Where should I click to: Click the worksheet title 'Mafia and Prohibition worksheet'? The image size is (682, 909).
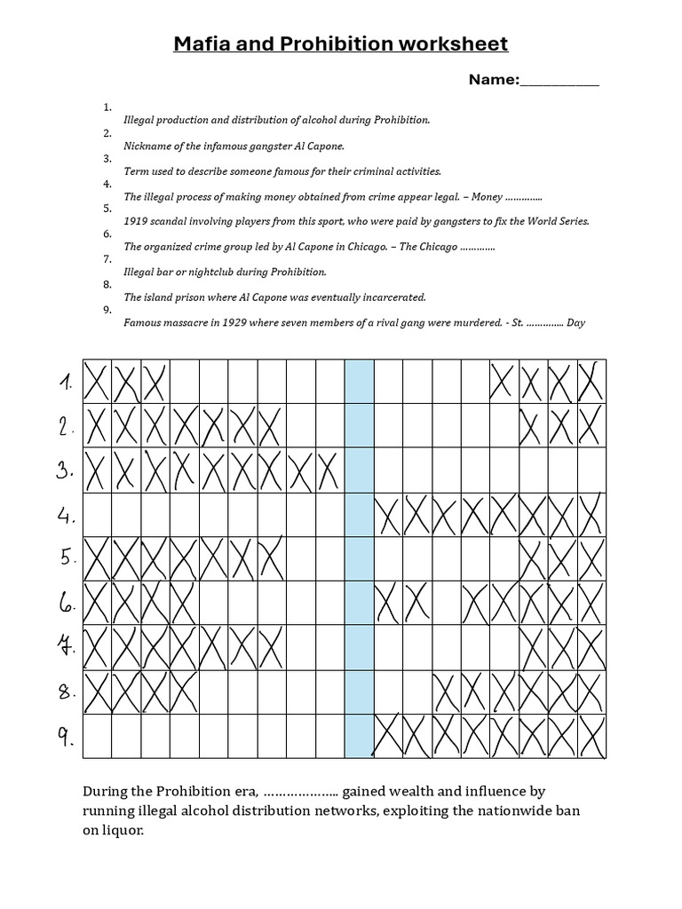pos(341,44)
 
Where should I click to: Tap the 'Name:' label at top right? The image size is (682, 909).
pos(494,80)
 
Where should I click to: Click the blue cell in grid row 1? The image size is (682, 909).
pos(359,382)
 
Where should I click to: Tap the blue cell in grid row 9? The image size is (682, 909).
pos(359,737)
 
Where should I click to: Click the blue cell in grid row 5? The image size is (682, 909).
pos(359,559)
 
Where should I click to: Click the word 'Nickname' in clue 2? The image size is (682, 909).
pos(147,145)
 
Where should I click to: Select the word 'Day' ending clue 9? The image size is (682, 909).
pos(575,323)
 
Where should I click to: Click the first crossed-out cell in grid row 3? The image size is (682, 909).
pos(97,470)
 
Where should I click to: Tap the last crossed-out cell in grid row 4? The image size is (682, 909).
pos(592,515)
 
